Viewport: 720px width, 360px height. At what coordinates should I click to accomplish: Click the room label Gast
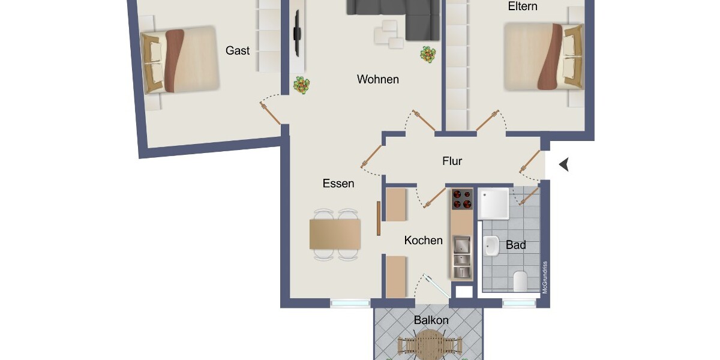pyautogui.click(x=238, y=51)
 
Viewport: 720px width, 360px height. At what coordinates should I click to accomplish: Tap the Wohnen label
pyautogui.click(x=377, y=79)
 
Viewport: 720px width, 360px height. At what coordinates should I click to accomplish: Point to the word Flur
pyautogui.click(x=452, y=161)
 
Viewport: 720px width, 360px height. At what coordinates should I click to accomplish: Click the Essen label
pyautogui.click(x=338, y=184)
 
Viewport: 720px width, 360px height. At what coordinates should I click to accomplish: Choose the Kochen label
pyautogui.click(x=423, y=241)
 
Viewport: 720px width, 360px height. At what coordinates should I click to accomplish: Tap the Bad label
pyautogui.click(x=516, y=245)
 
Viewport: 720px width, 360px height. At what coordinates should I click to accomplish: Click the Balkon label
pyautogui.click(x=431, y=320)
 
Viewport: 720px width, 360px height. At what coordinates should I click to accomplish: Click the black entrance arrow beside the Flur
pyautogui.click(x=563, y=164)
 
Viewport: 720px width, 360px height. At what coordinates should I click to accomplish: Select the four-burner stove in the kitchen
pyautogui.click(x=462, y=199)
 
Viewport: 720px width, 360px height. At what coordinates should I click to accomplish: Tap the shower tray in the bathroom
pyautogui.click(x=494, y=203)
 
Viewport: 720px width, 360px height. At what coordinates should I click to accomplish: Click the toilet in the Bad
pyautogui.click(x=520, y=281)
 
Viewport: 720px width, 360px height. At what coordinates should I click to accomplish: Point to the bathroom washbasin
pyautogui.click(x=491, y=245)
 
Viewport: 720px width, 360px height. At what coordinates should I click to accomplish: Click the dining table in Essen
pyautogui.click(x=335, y=234)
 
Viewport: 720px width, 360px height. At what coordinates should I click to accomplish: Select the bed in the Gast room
pyautogui.click(x=179, y=60)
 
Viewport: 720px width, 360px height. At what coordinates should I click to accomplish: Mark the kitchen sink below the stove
pyautogui.click(x=461, y=246)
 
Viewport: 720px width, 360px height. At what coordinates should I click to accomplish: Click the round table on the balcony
pyautogui.click(x=430, y=347)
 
